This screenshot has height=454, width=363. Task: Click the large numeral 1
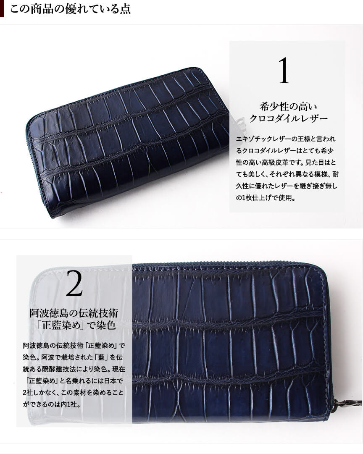[x=284, y=71]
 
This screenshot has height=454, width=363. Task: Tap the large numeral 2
[x=74, y=283]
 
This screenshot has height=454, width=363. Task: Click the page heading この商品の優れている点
[x=71, y=9]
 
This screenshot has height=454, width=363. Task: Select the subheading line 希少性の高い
[x=288, y=107]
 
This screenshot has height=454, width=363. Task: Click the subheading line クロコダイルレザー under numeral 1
[x=288, y=118]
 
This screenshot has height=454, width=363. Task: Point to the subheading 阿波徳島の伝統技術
[x=74, y=313]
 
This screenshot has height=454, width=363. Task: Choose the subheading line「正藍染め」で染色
[x=74, y=325]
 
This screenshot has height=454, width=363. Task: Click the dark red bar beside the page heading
[x=2, y=9]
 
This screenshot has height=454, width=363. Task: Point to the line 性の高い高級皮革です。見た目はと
[x=286, y=163]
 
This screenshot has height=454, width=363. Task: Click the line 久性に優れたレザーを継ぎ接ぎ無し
[x=287, y=186]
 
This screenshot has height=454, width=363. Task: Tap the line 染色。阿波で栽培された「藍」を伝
[x=73, y=357]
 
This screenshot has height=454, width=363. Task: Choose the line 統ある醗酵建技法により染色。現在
[x=74, y=369]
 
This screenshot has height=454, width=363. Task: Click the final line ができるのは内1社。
[x=52, y=404]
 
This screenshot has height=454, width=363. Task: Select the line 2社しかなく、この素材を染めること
[x=73, y=393]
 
